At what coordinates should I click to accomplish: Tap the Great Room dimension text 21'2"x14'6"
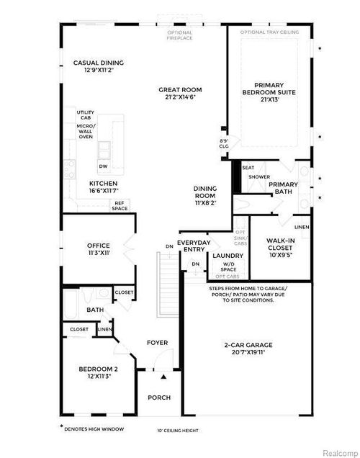click(x=180, y=99)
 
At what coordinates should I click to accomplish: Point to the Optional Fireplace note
click(x=180, y=35)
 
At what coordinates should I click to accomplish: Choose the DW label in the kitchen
click(x=104, y=166)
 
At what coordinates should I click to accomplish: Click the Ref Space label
click(x=120, y=206)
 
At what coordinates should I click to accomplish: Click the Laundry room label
click(x=227, y=255)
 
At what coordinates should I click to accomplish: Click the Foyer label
click(x=158, y=343)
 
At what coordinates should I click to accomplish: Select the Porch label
click(x=159, y=398)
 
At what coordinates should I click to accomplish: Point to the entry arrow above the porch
click(x=163, y=376)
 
